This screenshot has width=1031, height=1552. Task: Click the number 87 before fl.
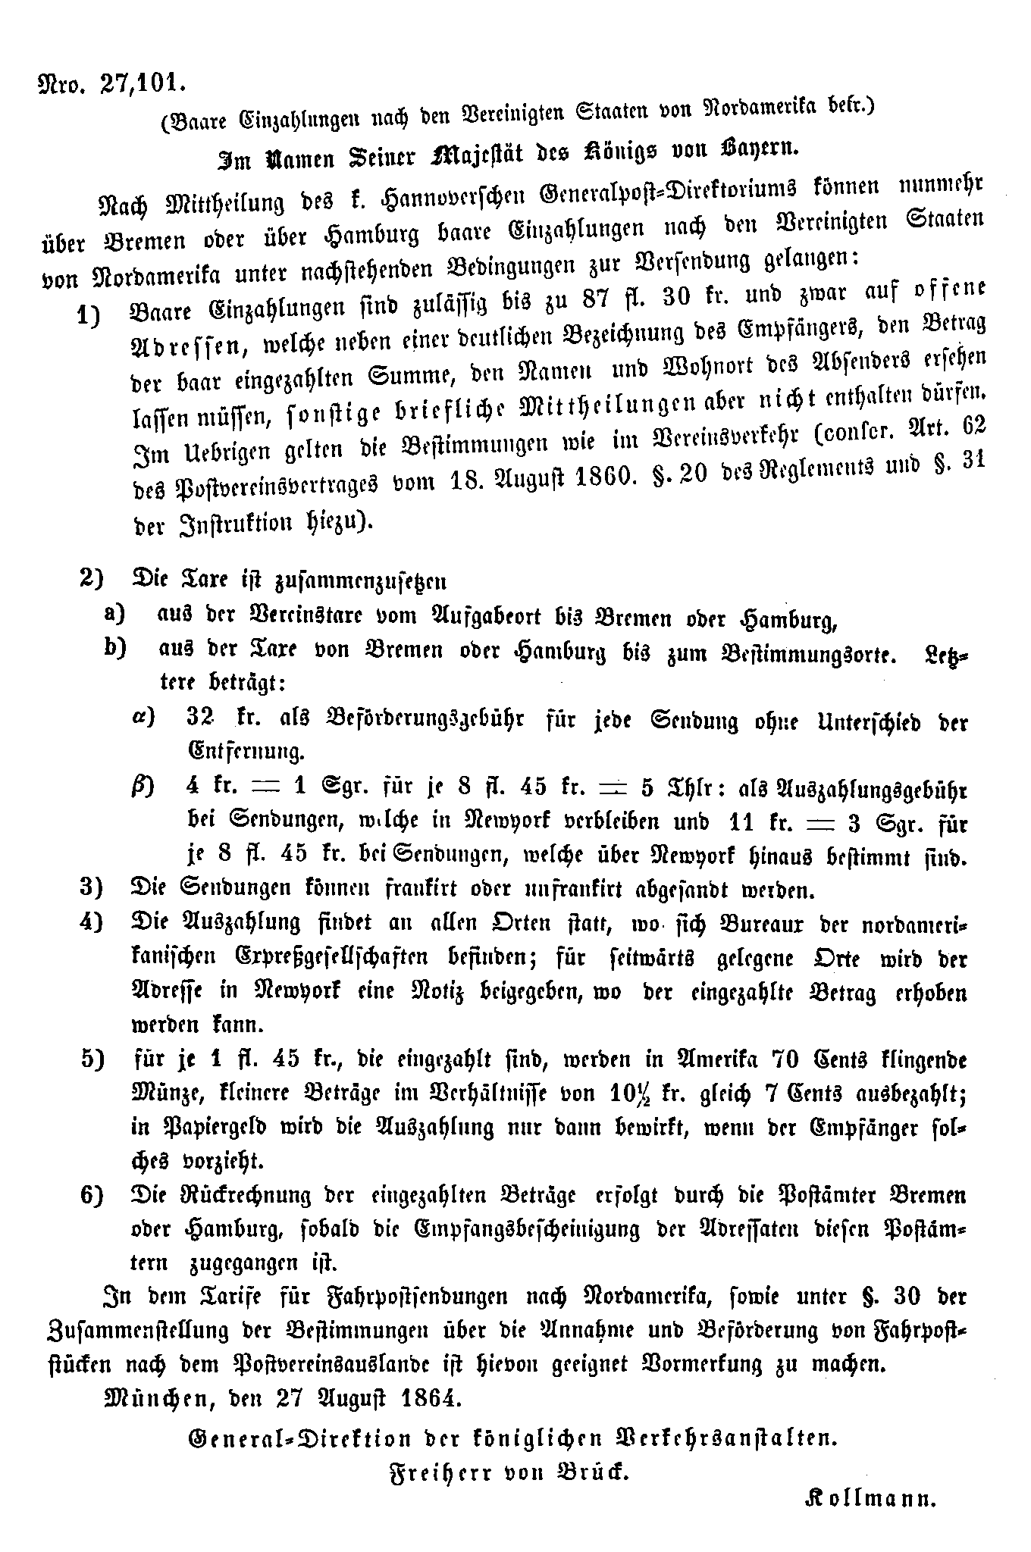tap(599, 296)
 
